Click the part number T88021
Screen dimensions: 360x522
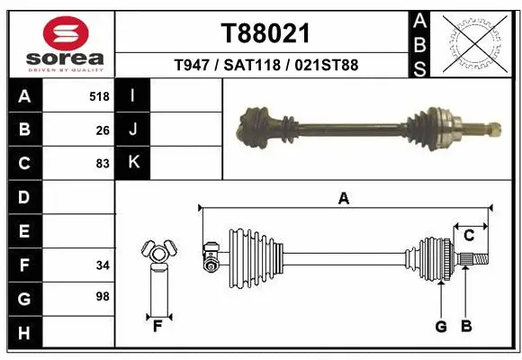(265, 33)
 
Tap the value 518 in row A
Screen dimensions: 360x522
(100, 95)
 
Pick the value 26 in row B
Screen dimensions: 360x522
(103, 130)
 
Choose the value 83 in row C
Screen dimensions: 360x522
(103, 164)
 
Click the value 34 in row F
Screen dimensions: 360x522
(103, 265)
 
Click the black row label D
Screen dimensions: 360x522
(23, 197)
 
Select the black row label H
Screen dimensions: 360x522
(23, 333)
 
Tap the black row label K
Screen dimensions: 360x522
(133, 163)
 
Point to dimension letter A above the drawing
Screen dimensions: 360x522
(343, 200)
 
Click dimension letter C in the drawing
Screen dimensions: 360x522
(469, 236)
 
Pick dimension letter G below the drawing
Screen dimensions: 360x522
(441, 327)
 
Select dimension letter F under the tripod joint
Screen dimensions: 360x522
(157, 325)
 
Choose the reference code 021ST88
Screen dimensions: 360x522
(328, 66)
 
